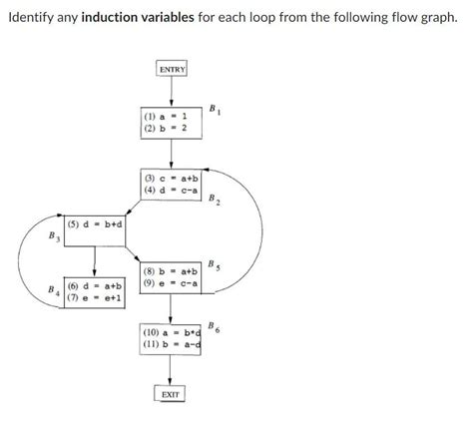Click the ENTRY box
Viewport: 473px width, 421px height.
[172, 69]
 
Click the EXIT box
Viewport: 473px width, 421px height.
[172, 396]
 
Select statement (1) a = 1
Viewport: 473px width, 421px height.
[170, 116]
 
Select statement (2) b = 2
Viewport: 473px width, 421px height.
[170, 128]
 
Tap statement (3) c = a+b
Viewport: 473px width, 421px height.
[173, 178]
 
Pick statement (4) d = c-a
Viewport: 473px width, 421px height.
[173, 190]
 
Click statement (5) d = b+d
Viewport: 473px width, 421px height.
[96, 224]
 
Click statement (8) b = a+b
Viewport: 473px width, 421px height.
[173, 270]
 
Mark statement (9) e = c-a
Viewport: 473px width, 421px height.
[173, 282]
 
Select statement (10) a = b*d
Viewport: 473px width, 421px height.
[173, 332]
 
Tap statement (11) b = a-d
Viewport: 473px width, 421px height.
[173, 344]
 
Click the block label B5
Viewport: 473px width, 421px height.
[215, 264]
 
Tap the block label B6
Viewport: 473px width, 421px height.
[215, 326]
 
